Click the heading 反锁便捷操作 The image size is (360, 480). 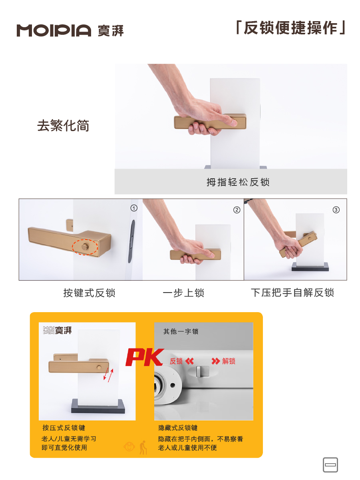pos(291,28)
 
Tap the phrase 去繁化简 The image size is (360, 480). pos(63,125)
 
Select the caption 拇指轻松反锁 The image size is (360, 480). pos(238,182)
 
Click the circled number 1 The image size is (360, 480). pos(134,208)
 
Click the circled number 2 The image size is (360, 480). pos(237,210)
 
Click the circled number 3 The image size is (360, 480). pos(336,210)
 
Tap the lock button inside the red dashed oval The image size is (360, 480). pos(85,247)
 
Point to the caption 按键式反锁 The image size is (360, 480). pos(89,293)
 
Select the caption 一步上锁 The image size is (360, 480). pos(183,293)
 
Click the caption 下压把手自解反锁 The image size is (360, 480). pos(292,293)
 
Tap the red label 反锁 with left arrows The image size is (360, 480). pos(182,361)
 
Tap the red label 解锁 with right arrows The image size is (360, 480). pos(223,361)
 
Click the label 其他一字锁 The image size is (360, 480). pos(181,331)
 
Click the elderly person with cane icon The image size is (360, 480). pos(143,447)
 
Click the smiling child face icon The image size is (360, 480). pos(129,447)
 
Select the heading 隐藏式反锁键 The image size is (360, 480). pos(178,428)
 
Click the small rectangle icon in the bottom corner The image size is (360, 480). pos(330,465)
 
